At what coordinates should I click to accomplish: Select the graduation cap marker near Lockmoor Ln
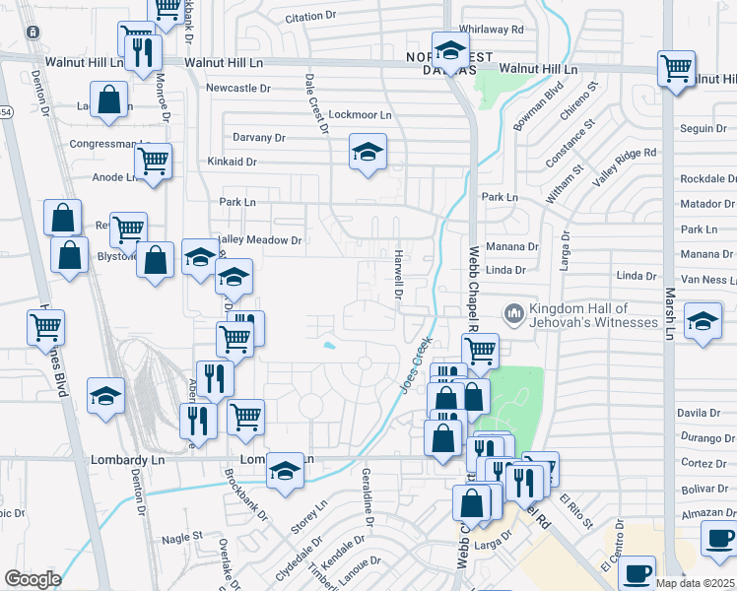[x=368, y=153]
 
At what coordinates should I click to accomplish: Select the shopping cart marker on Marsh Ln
[x=676, y=69]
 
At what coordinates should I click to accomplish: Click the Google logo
[x=33, y=579]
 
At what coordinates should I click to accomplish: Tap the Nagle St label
[x=181, y=537]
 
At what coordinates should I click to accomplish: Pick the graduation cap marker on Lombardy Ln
[x=286, y=471]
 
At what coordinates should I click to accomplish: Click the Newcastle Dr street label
[x=237, y=89]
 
